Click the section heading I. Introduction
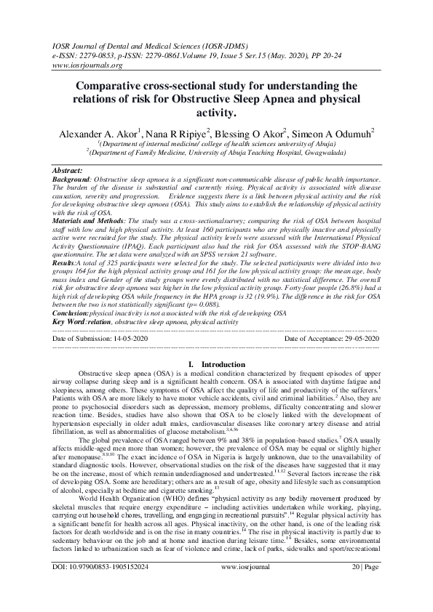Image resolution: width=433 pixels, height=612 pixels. pyautogui.click(x=216, y=363)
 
